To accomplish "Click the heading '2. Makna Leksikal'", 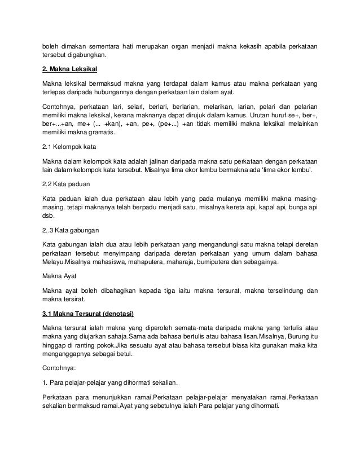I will click(x=70, y=69).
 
